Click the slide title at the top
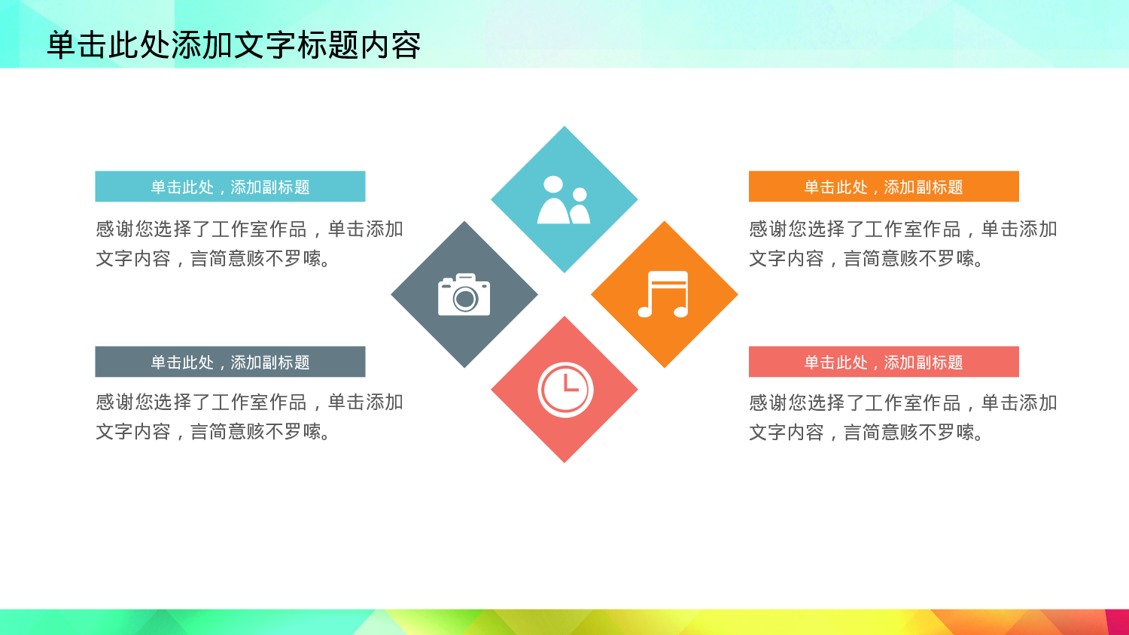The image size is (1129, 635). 233,45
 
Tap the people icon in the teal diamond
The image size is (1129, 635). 564,200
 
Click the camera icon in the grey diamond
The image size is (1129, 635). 464,294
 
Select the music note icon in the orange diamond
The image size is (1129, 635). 663,294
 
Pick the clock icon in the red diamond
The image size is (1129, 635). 565,390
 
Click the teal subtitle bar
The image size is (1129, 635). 230,187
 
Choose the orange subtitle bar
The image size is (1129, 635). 883,187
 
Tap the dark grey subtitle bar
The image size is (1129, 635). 230,362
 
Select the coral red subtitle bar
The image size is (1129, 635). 883,362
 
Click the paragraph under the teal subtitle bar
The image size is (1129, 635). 248,244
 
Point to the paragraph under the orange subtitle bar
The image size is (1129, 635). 902,244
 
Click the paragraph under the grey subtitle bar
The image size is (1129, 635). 248,417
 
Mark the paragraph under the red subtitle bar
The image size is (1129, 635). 902,418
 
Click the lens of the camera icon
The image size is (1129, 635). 465,299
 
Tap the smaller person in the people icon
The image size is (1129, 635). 580,207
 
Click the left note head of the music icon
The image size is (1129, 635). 645,311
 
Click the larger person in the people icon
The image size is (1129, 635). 553,202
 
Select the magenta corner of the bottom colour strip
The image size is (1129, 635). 1118,622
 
